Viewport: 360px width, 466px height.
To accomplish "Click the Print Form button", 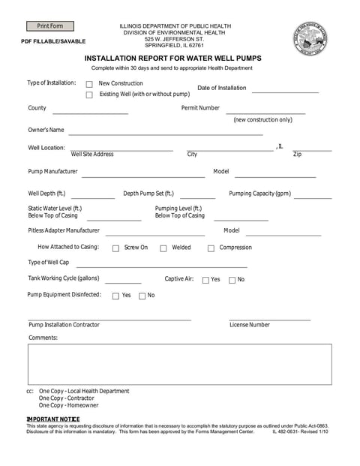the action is pyautogui.click(x=50, y=26).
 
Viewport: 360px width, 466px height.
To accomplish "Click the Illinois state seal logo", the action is pyautogui.click(x=310, y=38).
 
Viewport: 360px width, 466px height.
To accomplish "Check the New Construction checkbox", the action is pyautogui.click(x=89, y=85).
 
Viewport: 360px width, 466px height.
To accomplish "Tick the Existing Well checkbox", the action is pyautogui.click(x=89, y=95).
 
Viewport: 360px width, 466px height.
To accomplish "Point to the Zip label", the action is pyautogui.click(x=297, y=155).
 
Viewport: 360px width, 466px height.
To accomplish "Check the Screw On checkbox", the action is pyautogui.click(x=115, y=248).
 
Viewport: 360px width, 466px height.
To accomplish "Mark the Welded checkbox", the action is pyautogui.click(x=163, y=248).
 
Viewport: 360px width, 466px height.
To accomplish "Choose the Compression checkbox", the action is pyautogui.click(x=211, y=248).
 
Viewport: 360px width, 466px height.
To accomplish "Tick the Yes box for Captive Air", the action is pyautogui.click(x=205, y=280).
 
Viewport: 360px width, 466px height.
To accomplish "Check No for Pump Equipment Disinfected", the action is pyautogui.click(x=142, y=296).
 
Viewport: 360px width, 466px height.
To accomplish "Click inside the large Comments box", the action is pyautogui.click(x=179, y=363).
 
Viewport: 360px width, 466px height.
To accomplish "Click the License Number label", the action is pyautogui.click(x=249, y=325).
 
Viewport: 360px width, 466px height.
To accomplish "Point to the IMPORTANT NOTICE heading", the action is pyautogui.click(x=53, y=418).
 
